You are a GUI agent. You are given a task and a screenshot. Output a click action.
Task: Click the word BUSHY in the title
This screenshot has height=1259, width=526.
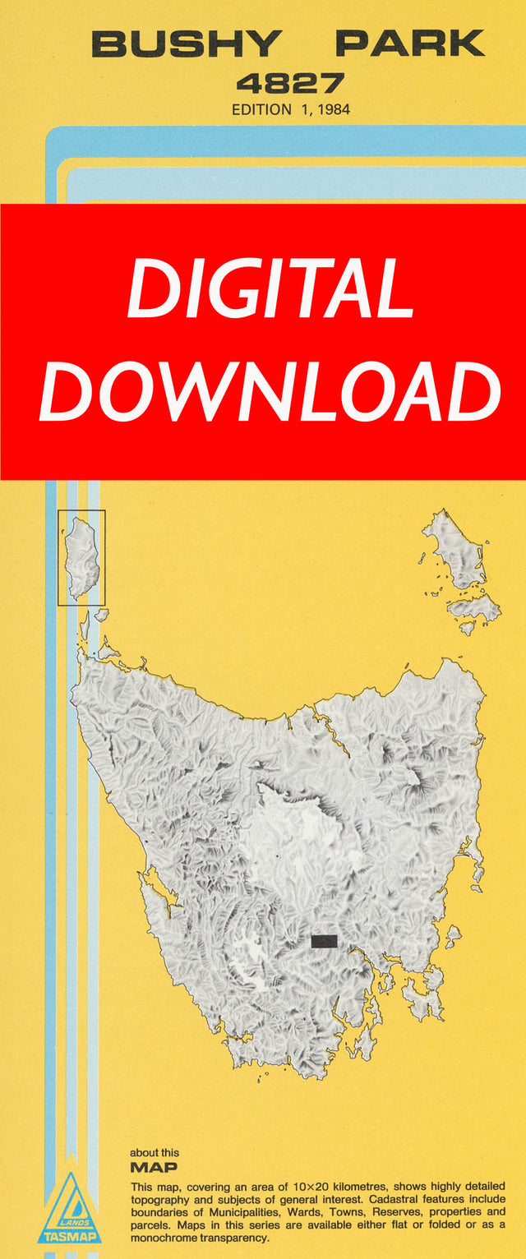pyautogui.click(x=187, y=44)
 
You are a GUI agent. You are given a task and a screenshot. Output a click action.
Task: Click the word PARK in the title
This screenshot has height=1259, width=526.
pyautogui.click(x=410, y=44)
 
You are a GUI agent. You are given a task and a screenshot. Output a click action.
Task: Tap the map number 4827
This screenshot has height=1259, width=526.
pyautogui.click(x=290, y=83)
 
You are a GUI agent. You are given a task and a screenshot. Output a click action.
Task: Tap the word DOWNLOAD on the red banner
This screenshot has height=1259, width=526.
pyautogui.click(x=270, y=392)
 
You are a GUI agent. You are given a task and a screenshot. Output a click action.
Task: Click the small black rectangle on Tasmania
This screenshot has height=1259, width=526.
pyautogui.click(x=325, y=941)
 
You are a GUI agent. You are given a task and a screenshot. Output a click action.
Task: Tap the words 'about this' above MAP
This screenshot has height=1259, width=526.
pyautogui.click(x=155, y=1153)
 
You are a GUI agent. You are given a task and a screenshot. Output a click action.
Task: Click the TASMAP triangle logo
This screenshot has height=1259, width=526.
pyautogui.click(x=69, y=1208)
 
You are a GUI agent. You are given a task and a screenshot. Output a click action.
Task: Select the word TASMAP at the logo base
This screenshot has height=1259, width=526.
pyautogui.click(x=69, y=1235)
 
